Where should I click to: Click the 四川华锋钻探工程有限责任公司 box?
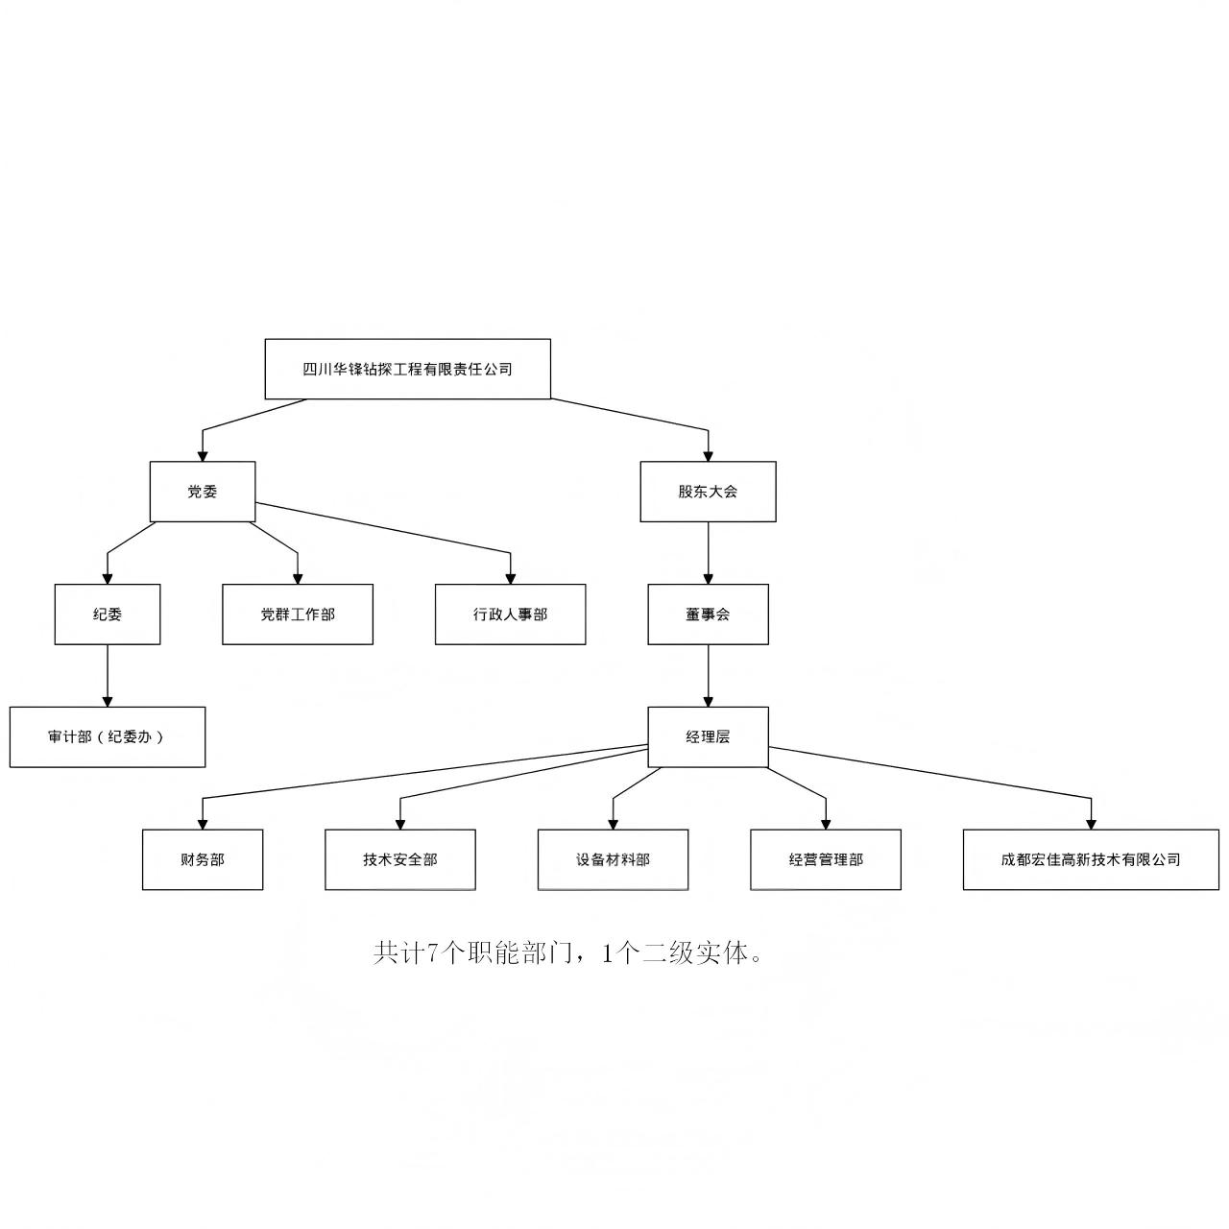pyautogui.click(x=407, y=369)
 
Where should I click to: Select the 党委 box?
pyautogui.click(x=203, y=492)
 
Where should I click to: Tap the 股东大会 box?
pyautogui.click(x=708, y=492)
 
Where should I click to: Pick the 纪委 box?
pyautogui.click(x=108, y=614)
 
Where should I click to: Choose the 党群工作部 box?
pyautogui.click(x=298, y=614)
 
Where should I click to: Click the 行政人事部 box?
pyautogui.click(x=510, y=614)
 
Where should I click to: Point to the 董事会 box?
pyautogui.click(x=708, y=614)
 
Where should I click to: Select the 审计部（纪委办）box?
pyautogui.click(x=108, y=737)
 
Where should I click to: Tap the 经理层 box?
pyautogui.click(x=708, y=737)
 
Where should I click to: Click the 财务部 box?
pyautogui.click(x=203, y=859)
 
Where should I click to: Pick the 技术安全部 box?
pyautogui.click(x=400, y=859)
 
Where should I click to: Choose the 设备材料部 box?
pyautogui.click(x=613, y=859)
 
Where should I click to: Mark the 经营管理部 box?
pyautogui.click(x=826, y=859)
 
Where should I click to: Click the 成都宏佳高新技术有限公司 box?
pyautogui.click(x=1091, y=859)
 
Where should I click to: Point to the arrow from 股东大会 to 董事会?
pyautogui.click(x=709, y=552)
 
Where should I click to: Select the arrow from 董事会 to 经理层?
pyautogui.click(x=709, y=675)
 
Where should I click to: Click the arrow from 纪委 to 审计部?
pyautogui.click(x=108, y=675)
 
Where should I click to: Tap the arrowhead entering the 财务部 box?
pyautogui.click(x=203, y=824)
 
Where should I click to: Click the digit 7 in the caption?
pyautogui.click(x=432, y=953)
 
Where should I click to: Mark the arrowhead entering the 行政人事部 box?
pyautogui.click(x=510, y=578)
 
